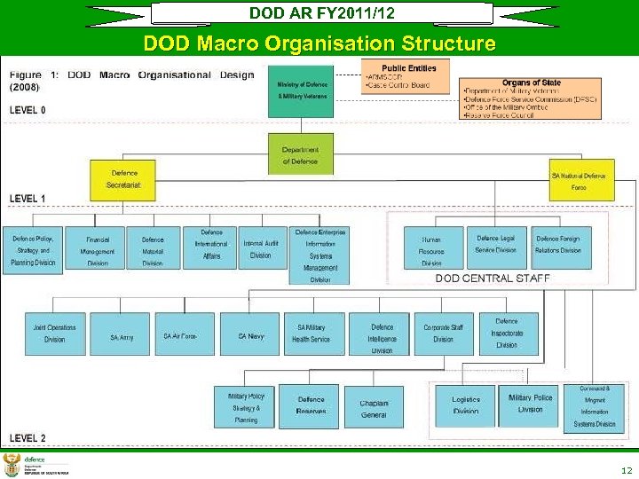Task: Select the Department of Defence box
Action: [300, 154]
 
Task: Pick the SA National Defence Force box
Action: [580, 180]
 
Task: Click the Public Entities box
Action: [405, 77]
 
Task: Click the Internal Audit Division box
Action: [261, 247]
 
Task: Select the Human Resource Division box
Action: [432, 249]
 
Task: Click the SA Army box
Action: [122, 335]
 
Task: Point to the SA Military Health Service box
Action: [312, 334]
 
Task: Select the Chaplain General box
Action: [374, 408]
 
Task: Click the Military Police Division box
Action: [530, 404]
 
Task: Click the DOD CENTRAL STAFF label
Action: [493, 279]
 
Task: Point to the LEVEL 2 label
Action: [28, 438]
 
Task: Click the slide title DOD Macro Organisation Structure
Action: [319, 43]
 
